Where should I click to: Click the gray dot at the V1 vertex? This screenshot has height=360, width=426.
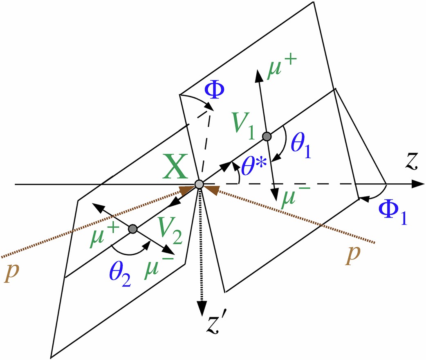point(267,136)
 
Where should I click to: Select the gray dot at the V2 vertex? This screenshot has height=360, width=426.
point(132,229)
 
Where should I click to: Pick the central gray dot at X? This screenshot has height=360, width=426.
point(199,184)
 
